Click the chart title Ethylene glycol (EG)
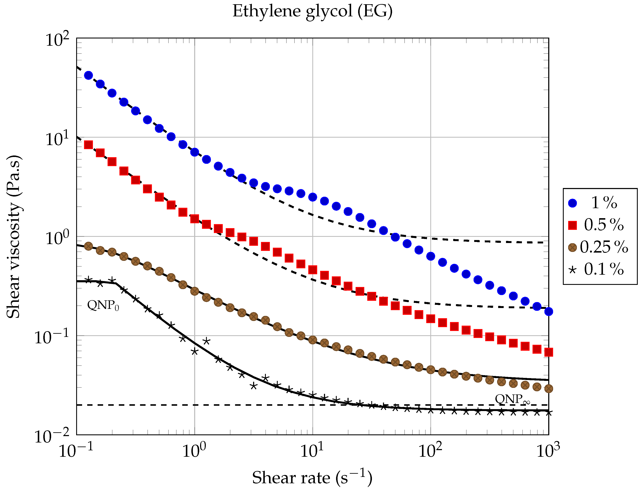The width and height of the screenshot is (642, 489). tap(313, 12)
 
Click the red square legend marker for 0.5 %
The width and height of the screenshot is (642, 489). tap(572, 225)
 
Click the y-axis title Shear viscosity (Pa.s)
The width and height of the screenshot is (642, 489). tap(13, 237)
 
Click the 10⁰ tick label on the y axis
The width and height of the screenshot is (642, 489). tap(57, 238)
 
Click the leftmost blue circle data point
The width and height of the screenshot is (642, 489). tap(88, 75)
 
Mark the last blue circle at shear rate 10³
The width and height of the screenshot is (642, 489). tap(548, 311)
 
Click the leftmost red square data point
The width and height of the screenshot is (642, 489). tap(88, 145)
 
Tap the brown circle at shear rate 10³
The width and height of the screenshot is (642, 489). tap(548, 389)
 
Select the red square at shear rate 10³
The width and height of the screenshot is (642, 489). tap(548, 352)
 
